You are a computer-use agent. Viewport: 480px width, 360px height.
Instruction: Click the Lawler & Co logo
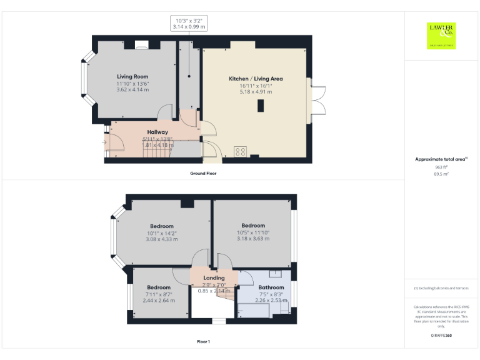441,36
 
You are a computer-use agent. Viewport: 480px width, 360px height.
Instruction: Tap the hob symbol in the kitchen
240,151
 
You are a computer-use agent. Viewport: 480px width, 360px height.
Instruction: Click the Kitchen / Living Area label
256,79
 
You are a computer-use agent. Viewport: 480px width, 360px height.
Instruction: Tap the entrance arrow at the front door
104,142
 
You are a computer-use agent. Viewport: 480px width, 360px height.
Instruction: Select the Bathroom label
271,287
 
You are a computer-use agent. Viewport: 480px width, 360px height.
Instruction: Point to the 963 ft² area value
441,167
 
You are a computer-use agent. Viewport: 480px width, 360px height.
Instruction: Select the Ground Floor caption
203,173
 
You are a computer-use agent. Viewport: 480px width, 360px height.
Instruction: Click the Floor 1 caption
203,342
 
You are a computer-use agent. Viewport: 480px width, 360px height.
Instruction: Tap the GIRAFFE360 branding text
441,336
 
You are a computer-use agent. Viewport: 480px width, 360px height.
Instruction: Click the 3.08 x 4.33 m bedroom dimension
161,239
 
